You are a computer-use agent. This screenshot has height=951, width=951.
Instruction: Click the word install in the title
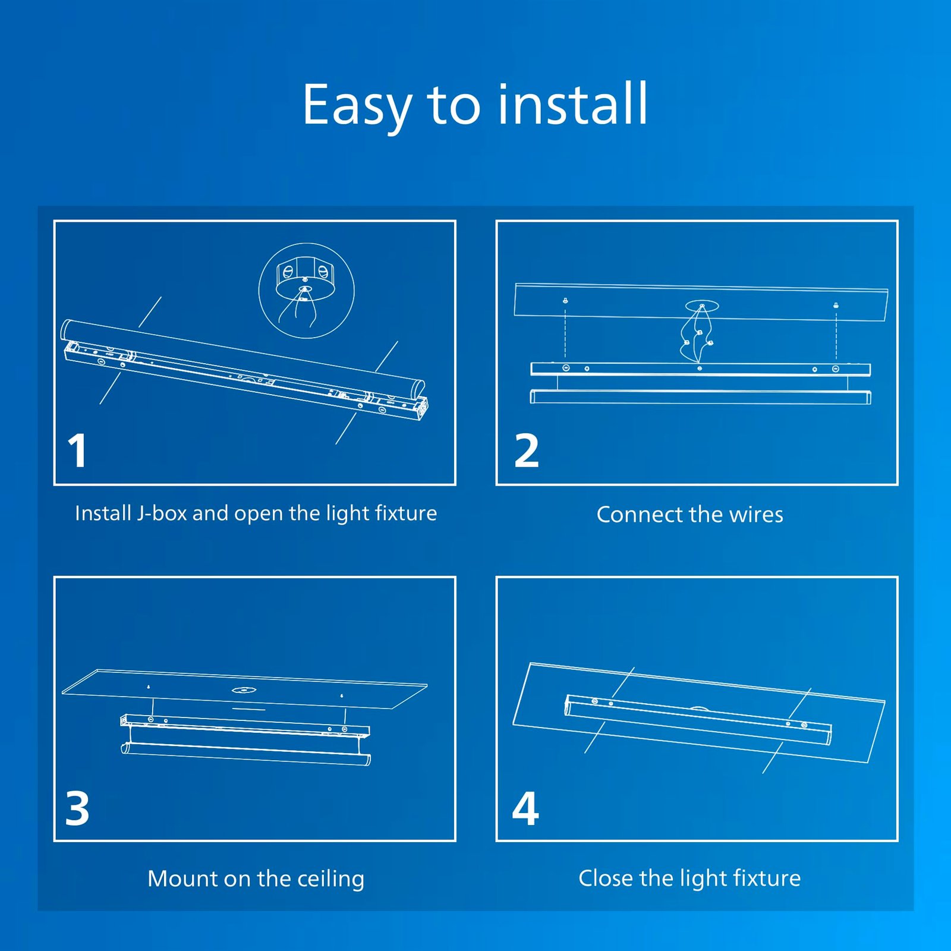coord(572,103)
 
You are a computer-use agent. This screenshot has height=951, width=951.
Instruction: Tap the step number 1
coord(77,451)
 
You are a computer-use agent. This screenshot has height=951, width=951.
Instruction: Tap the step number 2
coord(527,451)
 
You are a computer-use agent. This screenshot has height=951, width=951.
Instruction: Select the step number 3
coord(77,808)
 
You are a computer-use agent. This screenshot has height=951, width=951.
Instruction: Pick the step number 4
coord(525,808)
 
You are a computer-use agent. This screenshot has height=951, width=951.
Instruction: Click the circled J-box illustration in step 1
coord(307,291)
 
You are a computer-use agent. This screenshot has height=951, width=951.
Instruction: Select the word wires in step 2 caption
coord(756,515)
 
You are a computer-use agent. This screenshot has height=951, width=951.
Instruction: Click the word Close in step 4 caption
coord(606,878)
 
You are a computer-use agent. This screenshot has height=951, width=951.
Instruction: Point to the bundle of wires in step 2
coord(697,335)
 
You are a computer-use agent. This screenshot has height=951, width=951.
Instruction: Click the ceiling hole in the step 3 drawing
coord(244,690)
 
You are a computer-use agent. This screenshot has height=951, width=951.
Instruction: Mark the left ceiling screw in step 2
coord(565,301)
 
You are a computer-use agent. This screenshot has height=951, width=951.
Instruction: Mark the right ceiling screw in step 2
coord(836,306)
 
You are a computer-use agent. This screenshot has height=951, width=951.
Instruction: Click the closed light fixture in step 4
coord(698,719)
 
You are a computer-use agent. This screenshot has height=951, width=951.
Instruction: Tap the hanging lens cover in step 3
coord(246,753)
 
